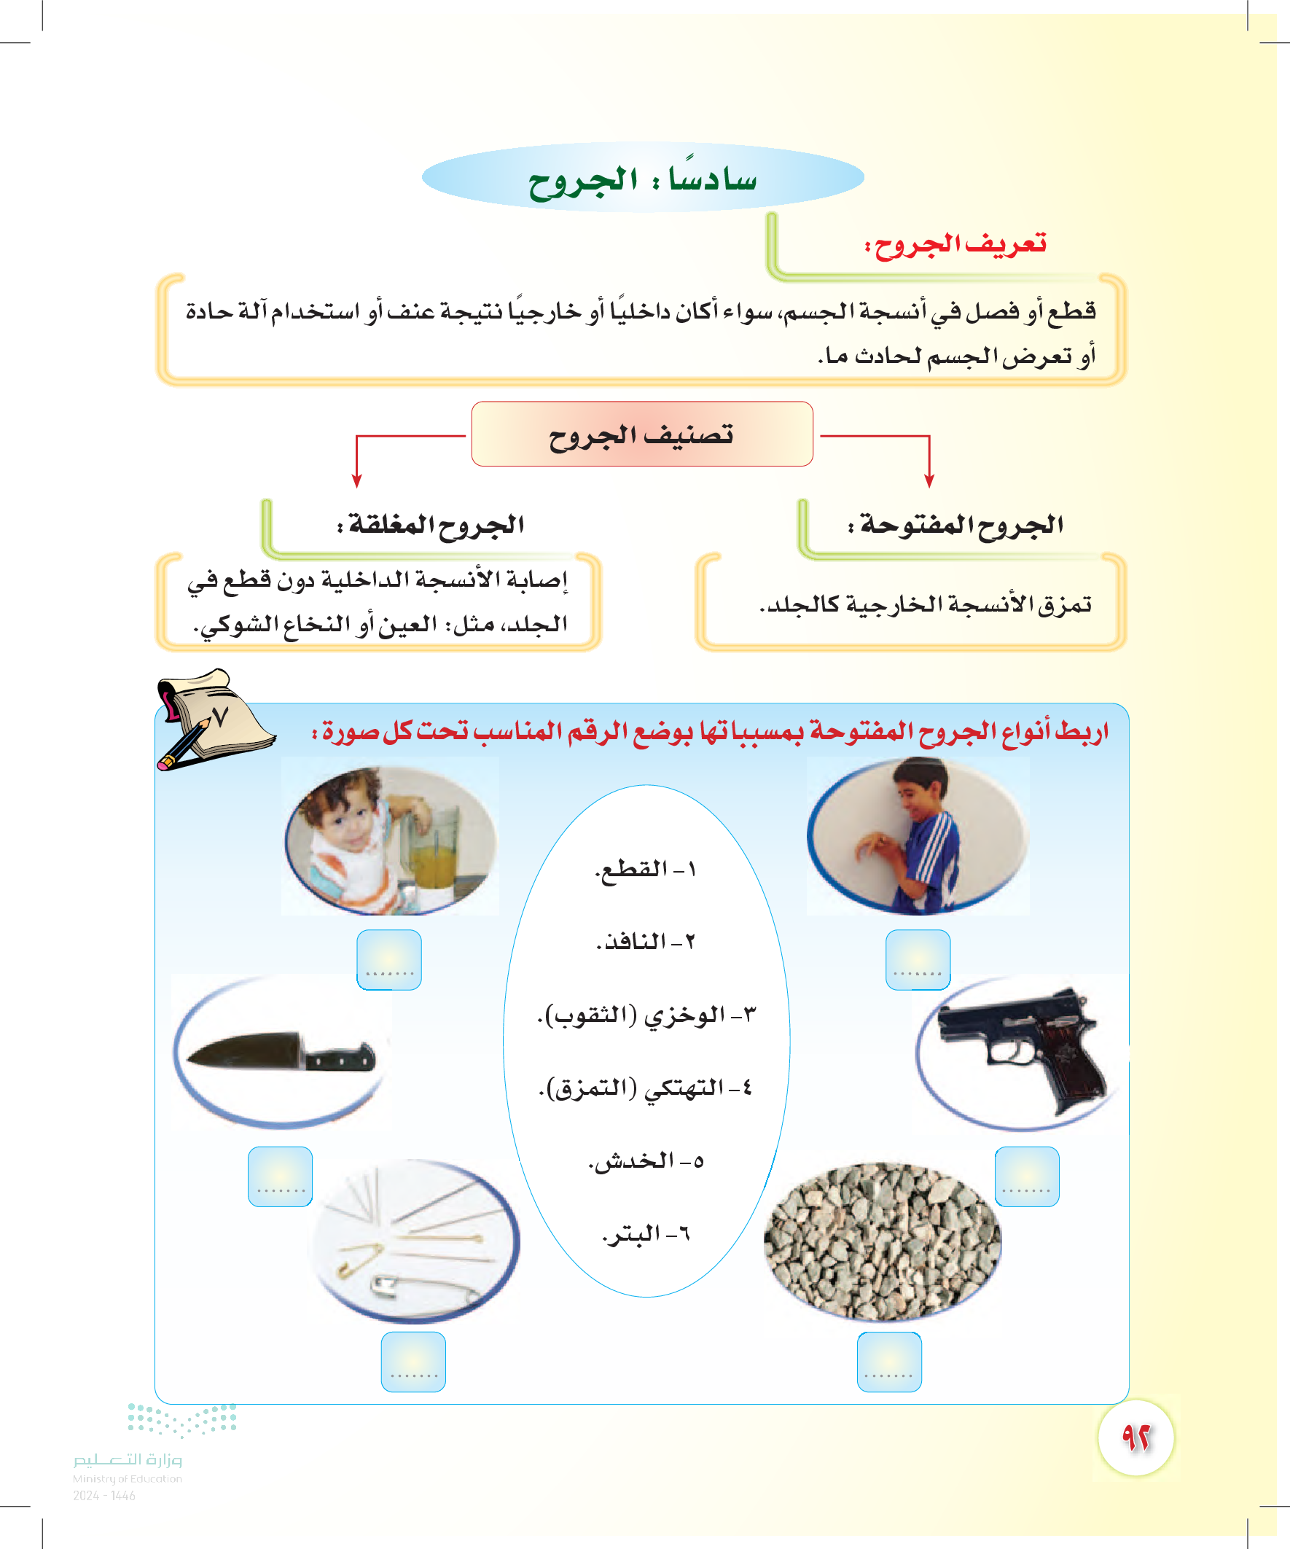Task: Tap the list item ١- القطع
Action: (x=646, y=869)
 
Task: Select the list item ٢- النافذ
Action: (x=646, y=941)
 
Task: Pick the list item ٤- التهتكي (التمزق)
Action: (x=646, y=1088)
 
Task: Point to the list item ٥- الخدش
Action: (x=646, y=1161)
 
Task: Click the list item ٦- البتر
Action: (x=646, y=1233)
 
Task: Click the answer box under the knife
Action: (x=281, y=1177)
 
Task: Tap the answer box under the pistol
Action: (x=1027, y=1177)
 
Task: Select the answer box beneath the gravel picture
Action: (x=888, y=1362)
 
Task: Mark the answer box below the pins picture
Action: (x=413, y=1362)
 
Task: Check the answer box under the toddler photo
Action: (x=388, y=959)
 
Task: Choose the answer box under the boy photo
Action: (x=918, y=959)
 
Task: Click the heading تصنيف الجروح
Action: (x=641, y=434)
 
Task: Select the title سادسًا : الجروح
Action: (x=642, y=179)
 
